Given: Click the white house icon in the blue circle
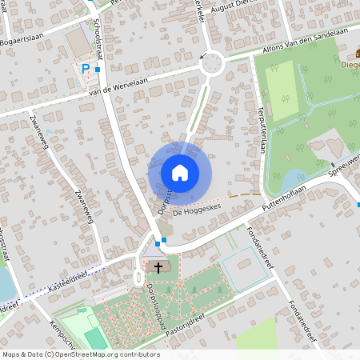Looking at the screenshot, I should coord(180,172).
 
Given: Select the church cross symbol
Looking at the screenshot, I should coord(158,267).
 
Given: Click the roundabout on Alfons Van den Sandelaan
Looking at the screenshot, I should coord(212,62).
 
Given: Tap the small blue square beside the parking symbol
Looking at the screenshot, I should coord(98,70).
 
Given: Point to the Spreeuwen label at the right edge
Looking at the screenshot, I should coord(345,162).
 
